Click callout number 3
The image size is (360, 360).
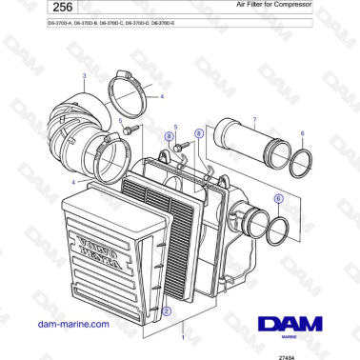pyautogui.click(x=84, y=74)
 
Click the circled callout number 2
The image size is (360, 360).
pyautogui.click(x=168, y=310)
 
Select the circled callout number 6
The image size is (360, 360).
pyautogui.click(x=278, y=199)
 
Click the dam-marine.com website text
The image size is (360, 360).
pyautogui.click(x=70, y=323)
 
